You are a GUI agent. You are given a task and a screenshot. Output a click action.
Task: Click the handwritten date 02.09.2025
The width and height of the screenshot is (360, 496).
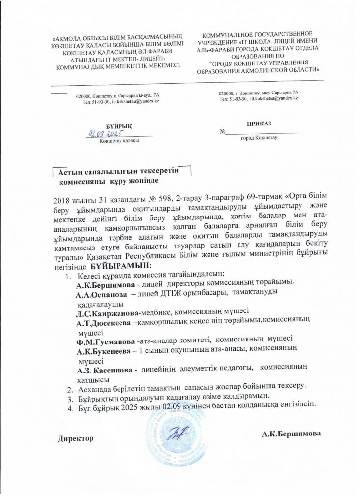coord(105,133)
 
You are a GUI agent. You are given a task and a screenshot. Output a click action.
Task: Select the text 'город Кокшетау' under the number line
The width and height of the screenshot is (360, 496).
coord(259,138)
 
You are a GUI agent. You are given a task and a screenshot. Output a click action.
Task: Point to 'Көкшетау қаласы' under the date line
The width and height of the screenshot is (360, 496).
coord(119,141)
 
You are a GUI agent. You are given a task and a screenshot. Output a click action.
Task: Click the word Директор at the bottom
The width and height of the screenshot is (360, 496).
coord(76,437)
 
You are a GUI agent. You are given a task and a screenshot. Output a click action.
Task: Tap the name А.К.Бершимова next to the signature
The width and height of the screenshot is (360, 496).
coord(292,434)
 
